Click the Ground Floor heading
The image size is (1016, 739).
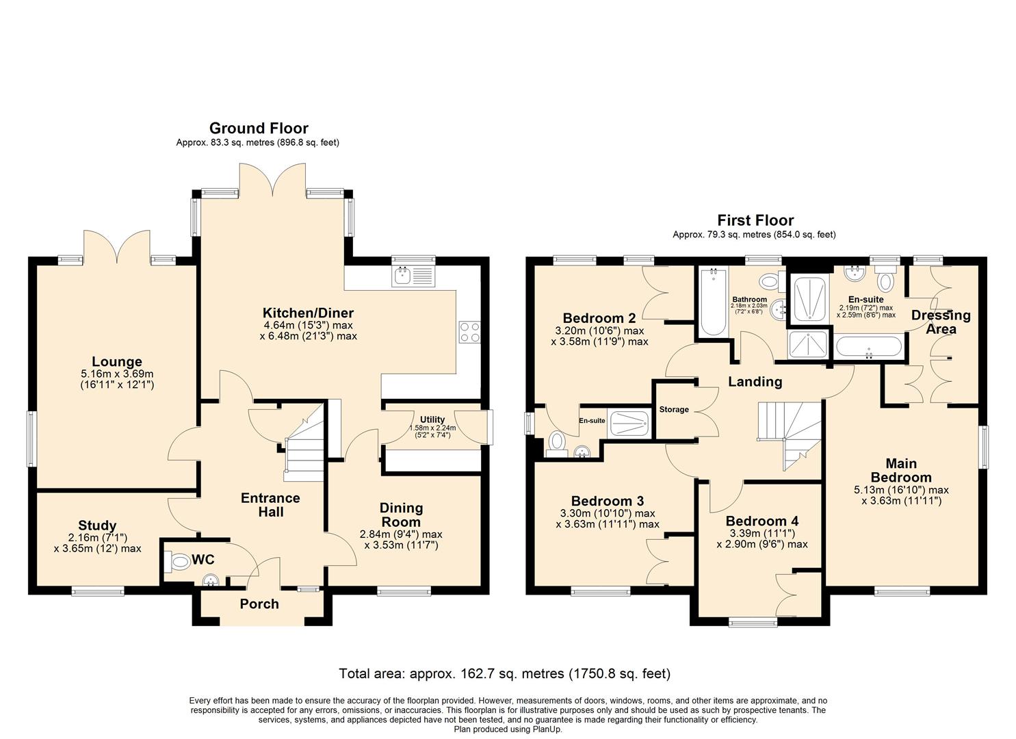pos(259,129)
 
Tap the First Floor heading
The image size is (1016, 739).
pos(755,220)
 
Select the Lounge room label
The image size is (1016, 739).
pos(117,361)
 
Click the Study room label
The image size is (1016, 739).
pos(97,526)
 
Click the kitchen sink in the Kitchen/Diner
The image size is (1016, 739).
pos(414,276)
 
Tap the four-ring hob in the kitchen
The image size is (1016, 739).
pos(469,332)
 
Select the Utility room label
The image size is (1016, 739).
pos(432,419)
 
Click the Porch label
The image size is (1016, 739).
pos(259,604)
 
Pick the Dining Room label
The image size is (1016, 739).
pos(401,515)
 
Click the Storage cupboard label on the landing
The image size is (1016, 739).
pos(673,410)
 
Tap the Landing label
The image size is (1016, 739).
pos(755,382)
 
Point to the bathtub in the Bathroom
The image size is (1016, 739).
pos(714,302)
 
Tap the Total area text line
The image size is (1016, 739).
pos(504,673)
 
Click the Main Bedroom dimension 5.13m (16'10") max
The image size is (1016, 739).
pos(901,490)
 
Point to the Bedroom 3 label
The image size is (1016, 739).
pos(608,502)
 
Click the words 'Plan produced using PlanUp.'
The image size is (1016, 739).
pos(508,729)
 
